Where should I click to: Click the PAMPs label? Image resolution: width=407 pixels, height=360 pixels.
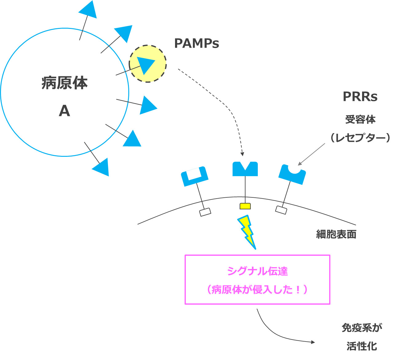click(x=196, y=43)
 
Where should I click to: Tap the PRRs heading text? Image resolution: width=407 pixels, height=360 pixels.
click(x=360, y=97)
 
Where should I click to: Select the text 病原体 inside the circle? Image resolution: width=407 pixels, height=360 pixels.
click(x=65, y=83)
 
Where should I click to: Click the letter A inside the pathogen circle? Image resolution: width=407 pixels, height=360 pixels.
click(x=64, y=111)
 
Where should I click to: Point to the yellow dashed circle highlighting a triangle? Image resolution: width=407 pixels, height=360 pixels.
click(x=148, y=64)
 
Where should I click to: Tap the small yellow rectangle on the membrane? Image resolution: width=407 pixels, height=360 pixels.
click(x=245, y=206)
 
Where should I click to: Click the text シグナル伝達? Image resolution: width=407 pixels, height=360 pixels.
click(x=257, y=271)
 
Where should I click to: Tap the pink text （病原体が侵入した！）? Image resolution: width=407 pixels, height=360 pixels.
click(x=257, y=290)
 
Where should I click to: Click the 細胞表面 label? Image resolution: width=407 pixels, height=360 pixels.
click(x=336, y=234)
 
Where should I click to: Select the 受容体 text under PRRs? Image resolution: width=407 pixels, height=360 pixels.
click(x=360, y=119)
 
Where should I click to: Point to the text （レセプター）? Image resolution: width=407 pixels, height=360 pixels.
click(x=360, y=137)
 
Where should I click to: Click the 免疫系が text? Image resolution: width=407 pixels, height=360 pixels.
click(x=362, y=328)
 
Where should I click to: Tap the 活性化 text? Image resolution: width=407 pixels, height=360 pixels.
click(x=362, y=346)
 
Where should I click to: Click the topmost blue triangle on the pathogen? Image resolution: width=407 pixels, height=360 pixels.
click(x=89, y=9)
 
